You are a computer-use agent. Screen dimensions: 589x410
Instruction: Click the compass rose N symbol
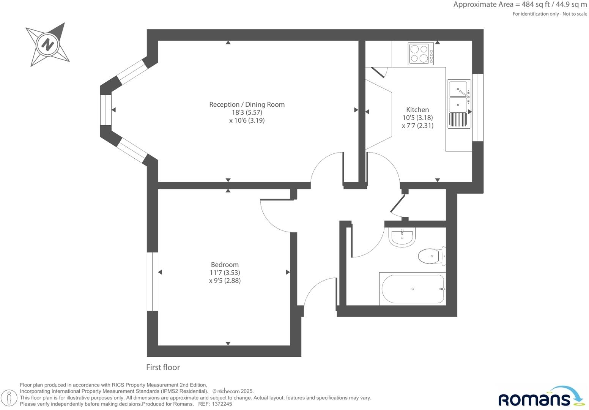coord(47,44)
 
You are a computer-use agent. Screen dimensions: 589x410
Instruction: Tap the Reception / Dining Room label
coord(247,104)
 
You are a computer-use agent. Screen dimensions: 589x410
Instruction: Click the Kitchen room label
coord(417,110)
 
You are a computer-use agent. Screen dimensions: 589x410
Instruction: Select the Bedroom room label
coord(225,265)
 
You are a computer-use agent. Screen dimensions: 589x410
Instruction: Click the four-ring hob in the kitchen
coord(421,54)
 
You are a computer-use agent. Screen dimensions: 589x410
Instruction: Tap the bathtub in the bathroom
coord(413,289)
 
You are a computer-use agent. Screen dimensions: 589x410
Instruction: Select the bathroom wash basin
coord(402,237)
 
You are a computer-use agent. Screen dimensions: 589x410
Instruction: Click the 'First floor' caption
coord(163,367)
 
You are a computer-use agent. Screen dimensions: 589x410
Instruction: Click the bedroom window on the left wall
coord(152,281)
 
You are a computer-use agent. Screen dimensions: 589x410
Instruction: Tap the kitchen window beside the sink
coord(478,107)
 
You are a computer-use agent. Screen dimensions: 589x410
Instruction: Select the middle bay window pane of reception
coord(106,110)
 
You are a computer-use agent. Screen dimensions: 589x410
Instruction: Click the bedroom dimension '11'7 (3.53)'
coord(225,273)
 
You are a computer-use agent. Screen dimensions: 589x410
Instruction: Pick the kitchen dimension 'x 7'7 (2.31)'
coord(417,126)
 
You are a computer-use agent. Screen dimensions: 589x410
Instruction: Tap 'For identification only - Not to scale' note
coord(550,14)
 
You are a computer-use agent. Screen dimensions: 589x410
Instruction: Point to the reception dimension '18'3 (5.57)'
coord(247,112)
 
